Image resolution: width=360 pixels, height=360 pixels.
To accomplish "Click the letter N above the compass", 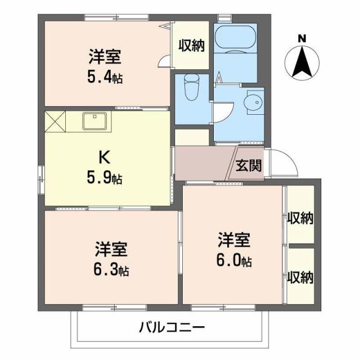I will point(302,38).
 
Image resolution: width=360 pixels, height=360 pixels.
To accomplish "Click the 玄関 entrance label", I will point(248,166).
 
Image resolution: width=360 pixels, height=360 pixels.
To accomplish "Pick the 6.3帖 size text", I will point(112,271).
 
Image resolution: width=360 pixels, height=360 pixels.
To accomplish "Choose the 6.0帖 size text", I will point(235,261).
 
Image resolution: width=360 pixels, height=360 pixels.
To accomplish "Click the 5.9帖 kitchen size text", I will point(105,179).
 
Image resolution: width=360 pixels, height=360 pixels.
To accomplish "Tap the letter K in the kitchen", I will point(104,156).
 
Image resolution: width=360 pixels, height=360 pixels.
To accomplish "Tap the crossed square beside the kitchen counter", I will point(56,121).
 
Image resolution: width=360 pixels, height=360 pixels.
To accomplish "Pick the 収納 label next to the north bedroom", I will point(192,46).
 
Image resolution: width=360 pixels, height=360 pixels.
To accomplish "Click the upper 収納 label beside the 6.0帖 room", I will point(300,218).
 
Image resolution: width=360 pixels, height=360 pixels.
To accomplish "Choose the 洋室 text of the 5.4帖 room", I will point(105,57).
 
